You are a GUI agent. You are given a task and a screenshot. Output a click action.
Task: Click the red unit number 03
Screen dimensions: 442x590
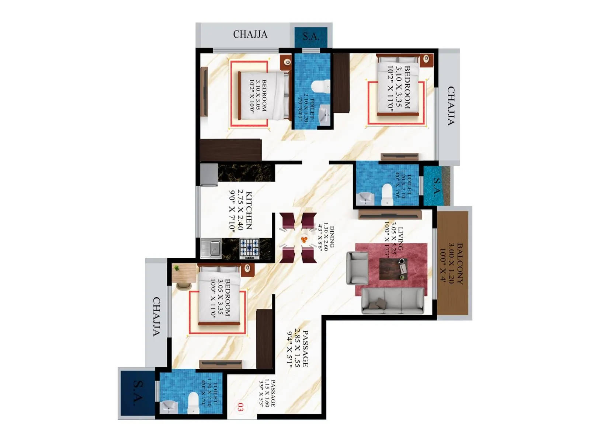pyautogui.click(x=240, y=407)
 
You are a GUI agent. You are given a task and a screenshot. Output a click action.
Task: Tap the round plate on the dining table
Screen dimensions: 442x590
pyautogui.click(x=304, y=239)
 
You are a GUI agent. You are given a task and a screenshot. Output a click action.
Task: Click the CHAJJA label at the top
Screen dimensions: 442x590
pyautogui.click(x=250, y=34)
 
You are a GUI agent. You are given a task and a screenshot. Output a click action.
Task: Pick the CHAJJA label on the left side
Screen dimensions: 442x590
pyautogui.click(x=156, y=316)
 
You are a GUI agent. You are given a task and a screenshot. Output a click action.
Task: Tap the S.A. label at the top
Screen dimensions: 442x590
pyautogui.click(x=311, y=36)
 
